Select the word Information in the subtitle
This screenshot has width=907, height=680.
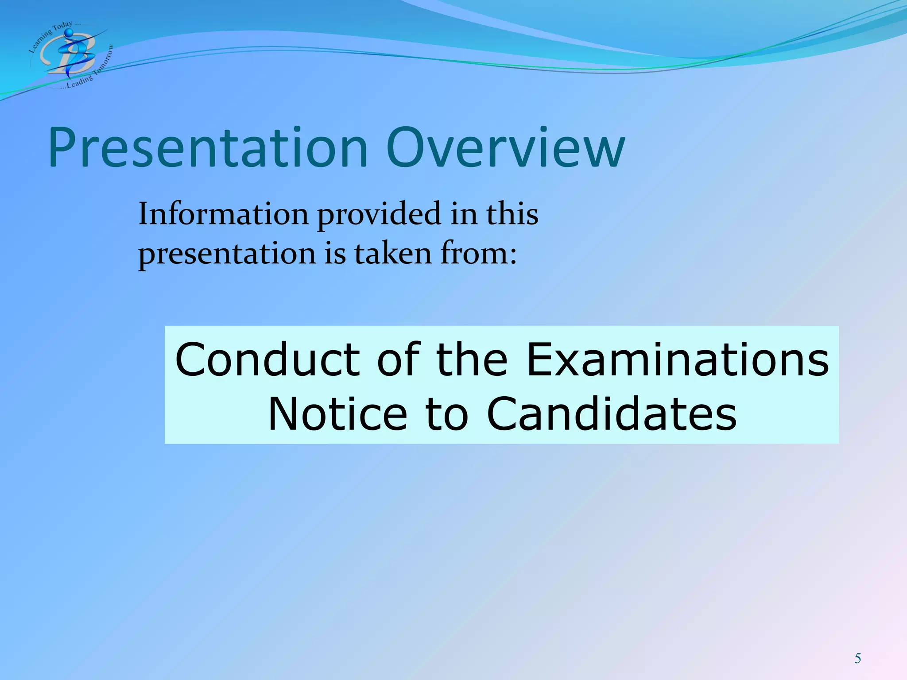pos(223,214)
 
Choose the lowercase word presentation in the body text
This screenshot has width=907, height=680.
pos(227,255)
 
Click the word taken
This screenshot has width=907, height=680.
pos(393,254)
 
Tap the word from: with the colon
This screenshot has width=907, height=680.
pos(478,254)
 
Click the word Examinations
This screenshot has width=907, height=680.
pos(678,359)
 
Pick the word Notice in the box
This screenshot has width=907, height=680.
pos(337,414)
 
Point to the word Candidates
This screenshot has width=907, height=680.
pos(612,414)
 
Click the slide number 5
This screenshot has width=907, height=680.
pos(857,659)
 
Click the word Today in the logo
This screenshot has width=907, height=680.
pos(62,27)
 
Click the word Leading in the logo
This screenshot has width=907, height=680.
pos(80,81)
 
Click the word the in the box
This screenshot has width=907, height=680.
pos(471,359)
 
